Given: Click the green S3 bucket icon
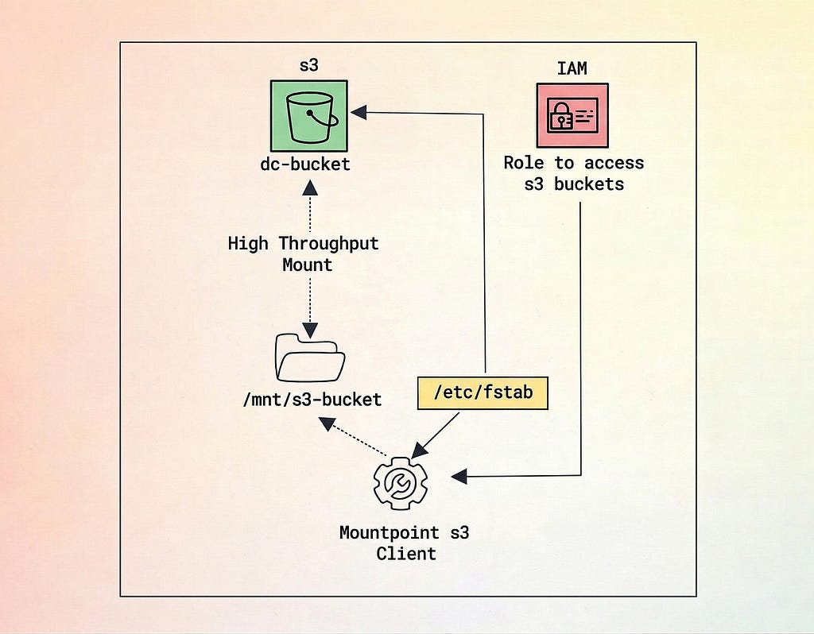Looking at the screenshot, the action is pyautogui.click(x=309, y=116).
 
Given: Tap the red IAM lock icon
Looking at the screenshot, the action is pyautogui.click(x=572, y=116).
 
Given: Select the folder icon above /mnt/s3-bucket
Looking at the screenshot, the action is pyautogui.click(x=310, y=358).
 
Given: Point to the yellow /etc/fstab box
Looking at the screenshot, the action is pyautogui.click(x=483, y=392).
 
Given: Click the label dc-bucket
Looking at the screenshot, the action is pyautogui.click(x=305, y=164).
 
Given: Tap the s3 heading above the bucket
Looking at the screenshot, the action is pyautogui.click(x=309, y=66).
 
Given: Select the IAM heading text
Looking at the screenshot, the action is pyautogui.click(x=572, y=68).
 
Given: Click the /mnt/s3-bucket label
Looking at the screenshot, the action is pyautogui.click(x=312, y=400).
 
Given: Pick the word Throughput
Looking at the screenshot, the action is pyautogui.click(x=328, y=243).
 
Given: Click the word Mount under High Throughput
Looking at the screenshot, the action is pyautogui.click(x=308, y=265).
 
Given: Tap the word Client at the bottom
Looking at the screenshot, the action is pyautogui.click(x=406, y=554).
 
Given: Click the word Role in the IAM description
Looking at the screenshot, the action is pyautogui.click(x=524, y=163).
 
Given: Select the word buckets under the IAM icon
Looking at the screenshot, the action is pyautogui.click(x=589, y=184).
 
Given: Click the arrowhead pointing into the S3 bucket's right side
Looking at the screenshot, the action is pyautogui.click(x=359, y=112).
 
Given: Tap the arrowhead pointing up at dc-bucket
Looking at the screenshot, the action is pyautogui.click(x=310, y=187).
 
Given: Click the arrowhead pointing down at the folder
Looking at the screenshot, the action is pyautogui.click(x=310, y=331).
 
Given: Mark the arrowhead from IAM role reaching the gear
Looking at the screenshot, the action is pyautogui.click(x=459, y=476).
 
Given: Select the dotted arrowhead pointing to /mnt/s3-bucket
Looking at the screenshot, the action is pyautogui.click(x=327, y=424).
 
